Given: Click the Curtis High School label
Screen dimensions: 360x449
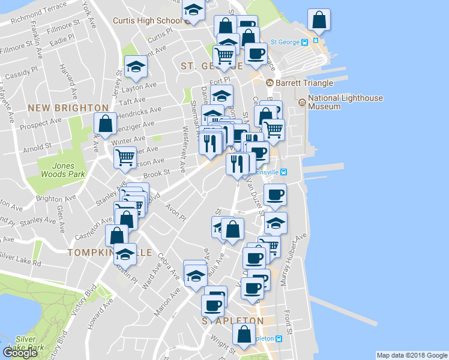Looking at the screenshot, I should pyautogui.click(x=147, y=20).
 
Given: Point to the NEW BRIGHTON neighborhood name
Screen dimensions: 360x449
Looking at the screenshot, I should pyautogui.click(x=68, y=108).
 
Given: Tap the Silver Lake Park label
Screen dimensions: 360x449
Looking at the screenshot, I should pyautogui.click(x=30, y=343).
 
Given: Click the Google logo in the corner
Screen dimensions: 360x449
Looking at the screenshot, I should pyautogui.click(x=20, y=353).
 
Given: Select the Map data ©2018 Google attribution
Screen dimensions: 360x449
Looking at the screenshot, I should pyautogui.click(x=412, y=355).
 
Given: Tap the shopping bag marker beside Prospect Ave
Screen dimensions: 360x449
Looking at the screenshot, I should pyautogui.click(x=105, y=124).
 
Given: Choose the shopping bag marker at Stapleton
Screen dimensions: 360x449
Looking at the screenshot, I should pyautogui.click(x=244, y=335).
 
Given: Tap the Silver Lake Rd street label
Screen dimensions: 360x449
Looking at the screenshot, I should pyautogui.click(x=20, y=260).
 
